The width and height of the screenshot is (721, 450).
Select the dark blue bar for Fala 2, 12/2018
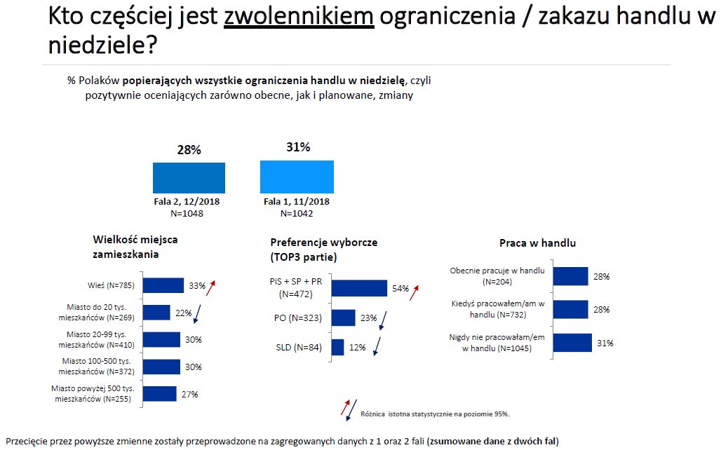pyautogui.click(x=189, y=178)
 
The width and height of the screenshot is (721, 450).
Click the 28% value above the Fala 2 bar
pyautogui.click(x=188, y=150)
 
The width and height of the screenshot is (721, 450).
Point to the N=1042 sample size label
pyautogui.click(x=297, y=213)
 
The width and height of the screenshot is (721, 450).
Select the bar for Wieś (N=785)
pyautogui.click(x=163, y=285)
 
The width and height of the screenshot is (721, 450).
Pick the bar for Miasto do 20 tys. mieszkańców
pyautogui.click(x=156, y=313)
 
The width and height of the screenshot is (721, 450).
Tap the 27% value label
pyautogui.click(x=189, y=395)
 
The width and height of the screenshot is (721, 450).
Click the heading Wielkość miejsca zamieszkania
pyautogui.click(x=135, y=247)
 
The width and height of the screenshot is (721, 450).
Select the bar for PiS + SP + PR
pyautogui.click(x=358, y=289)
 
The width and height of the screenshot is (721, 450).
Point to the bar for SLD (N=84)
pyautogui.click(x=337, y=348)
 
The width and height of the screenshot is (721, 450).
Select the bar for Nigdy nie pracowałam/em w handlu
pyautogui.click(x=572, y=343)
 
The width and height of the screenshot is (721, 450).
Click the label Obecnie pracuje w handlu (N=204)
pyautogui.click(x=497, y=275)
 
